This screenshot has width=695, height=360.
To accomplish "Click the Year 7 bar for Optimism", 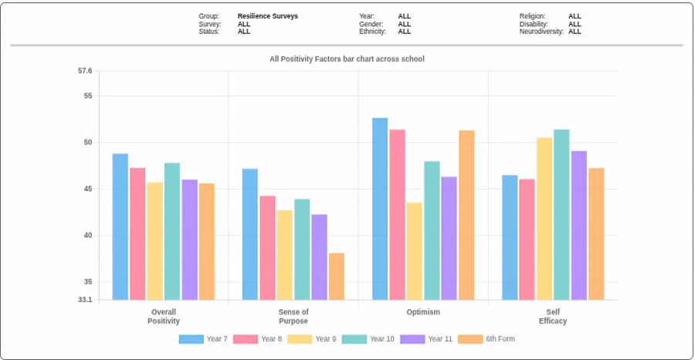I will (x=380, y=209).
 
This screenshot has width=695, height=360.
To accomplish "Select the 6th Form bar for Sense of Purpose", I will (x=337, y=277).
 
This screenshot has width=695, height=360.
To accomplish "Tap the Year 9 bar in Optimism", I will (x=415, y=251).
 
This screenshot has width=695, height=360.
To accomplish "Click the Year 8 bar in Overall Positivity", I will (x=137, y=234).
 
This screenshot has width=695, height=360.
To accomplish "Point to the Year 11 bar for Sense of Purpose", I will (x=319, y=257).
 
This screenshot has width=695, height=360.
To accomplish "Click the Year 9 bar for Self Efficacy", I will (x=544, y=219).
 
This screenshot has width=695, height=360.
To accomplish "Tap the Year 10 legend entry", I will (x=368, y=339).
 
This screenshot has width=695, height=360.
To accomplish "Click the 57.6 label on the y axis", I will (x=85, y=71).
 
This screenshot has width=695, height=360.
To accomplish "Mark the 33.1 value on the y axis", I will (x=85, y=300).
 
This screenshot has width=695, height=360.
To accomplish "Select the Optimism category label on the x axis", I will (x=423, y=312).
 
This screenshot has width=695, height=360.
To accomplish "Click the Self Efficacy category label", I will (x=553, y=317).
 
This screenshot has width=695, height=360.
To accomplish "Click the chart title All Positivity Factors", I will (x=347, y=59).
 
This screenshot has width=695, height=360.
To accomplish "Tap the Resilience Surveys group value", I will (x=267, y=16).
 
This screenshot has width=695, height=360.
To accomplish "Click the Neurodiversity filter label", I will (x=541, y=32).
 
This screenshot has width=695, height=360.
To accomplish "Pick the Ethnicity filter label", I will (x=373, y=32).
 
